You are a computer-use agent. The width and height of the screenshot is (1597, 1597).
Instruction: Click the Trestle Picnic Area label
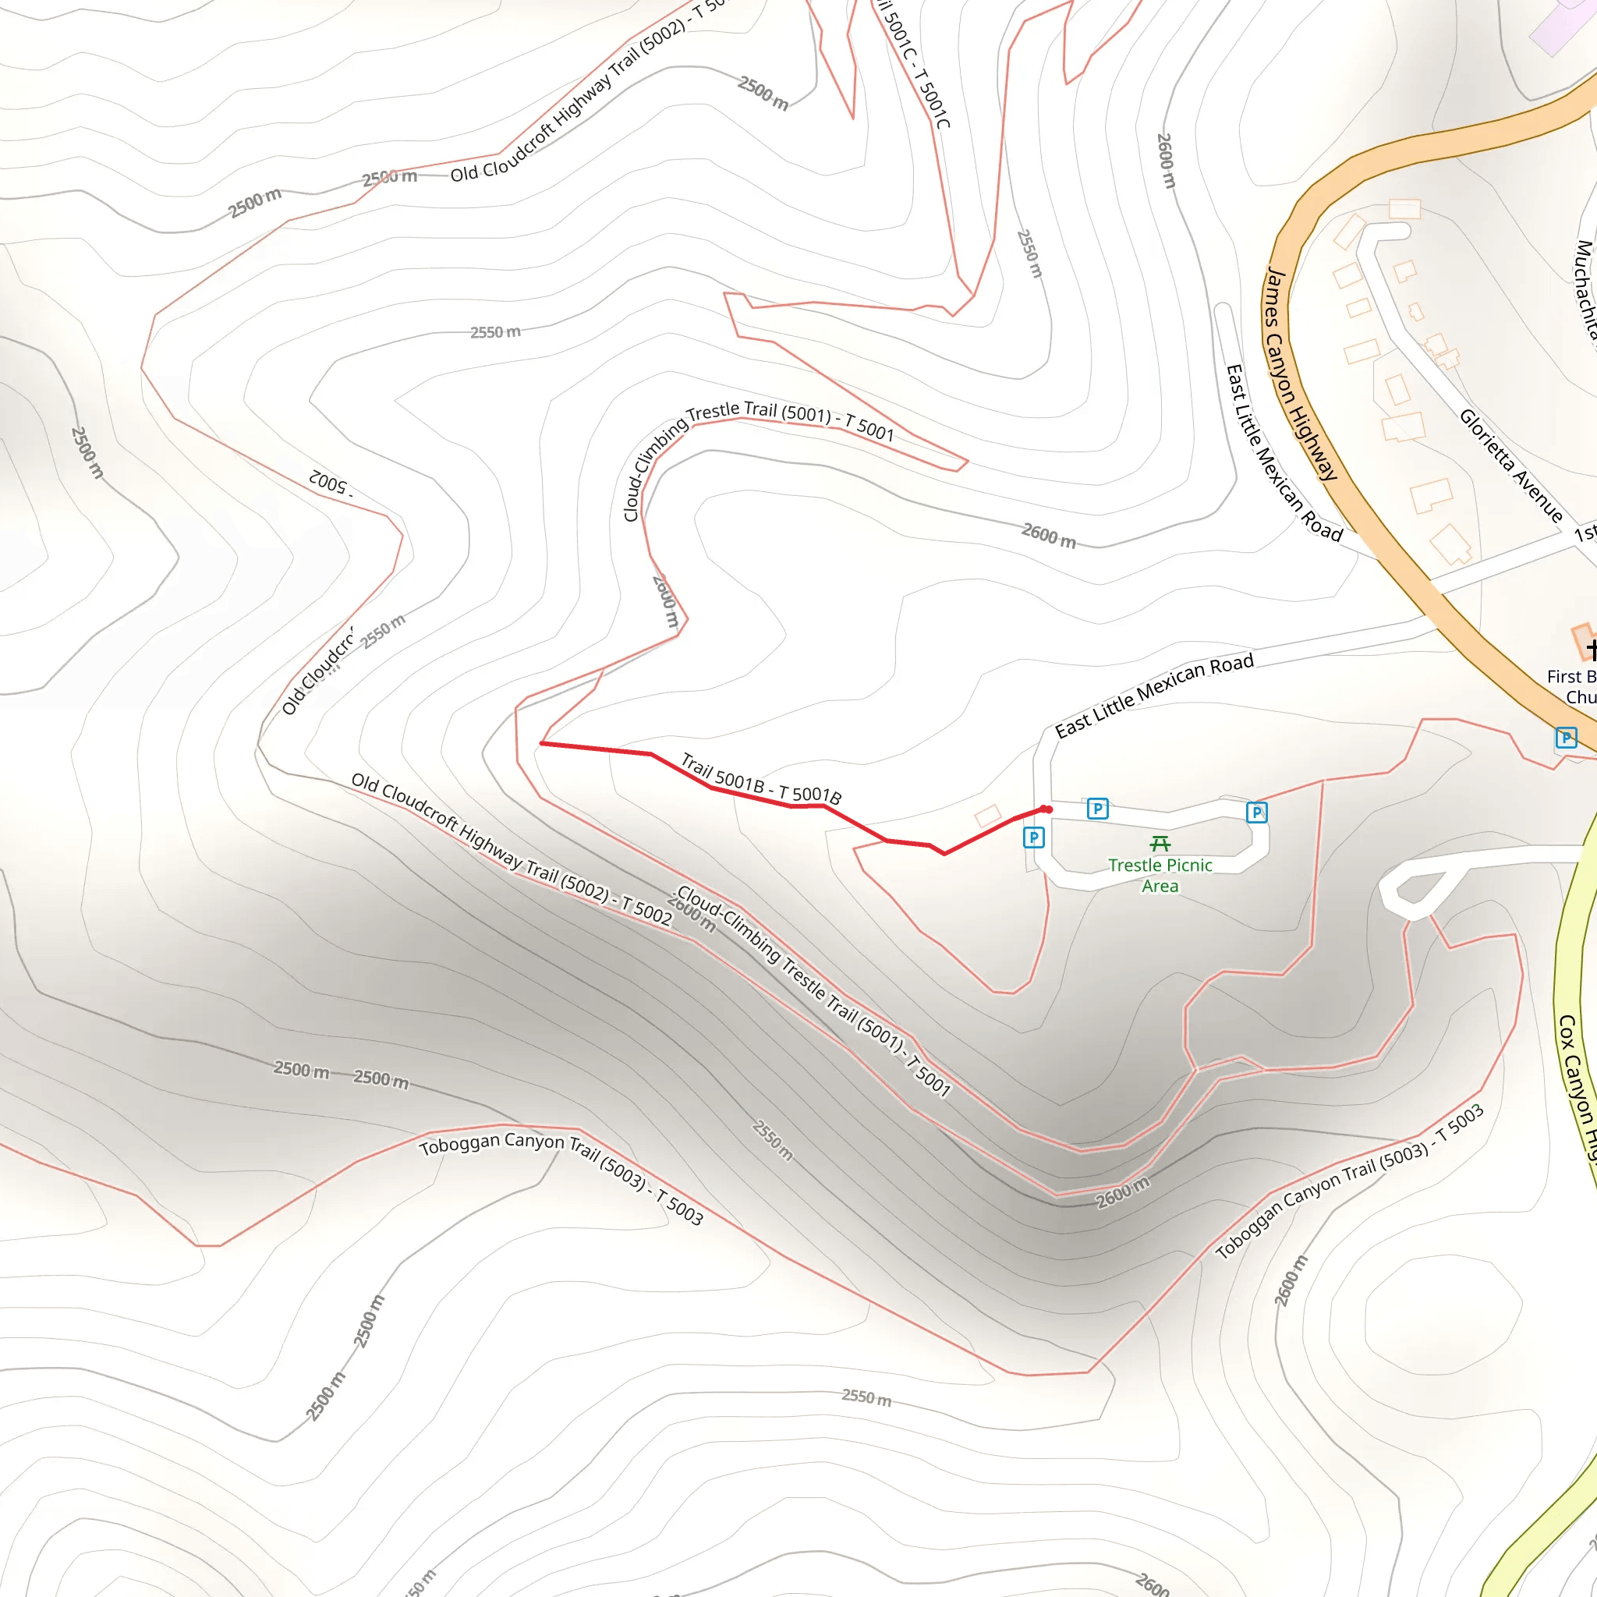[x=1160, y=876]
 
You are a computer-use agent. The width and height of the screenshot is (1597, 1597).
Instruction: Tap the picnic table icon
[x=1160, y=843]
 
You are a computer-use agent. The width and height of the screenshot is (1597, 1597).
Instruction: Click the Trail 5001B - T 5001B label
[x=760, y=780]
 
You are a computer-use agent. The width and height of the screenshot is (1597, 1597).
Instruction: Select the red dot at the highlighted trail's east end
[x=1046, y=809]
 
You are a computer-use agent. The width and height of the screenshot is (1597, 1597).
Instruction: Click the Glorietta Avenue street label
[x=1510, y=466]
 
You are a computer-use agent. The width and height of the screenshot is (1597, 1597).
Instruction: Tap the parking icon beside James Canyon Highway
[x=1566, y=738]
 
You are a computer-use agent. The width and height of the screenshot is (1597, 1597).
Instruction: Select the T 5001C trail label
[x=913, y=62]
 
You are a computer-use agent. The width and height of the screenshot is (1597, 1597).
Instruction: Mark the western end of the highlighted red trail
[x=542, y=744]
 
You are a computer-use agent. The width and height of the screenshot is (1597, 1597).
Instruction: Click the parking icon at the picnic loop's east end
[x=1256, y=813]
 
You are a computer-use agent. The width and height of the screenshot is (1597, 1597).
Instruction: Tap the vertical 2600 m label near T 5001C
[x=1166, y=161]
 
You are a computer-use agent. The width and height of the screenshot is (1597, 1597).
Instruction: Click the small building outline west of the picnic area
[x=988, y=815]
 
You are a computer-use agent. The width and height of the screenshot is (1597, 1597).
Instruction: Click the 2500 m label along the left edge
[x=87, y=452]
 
